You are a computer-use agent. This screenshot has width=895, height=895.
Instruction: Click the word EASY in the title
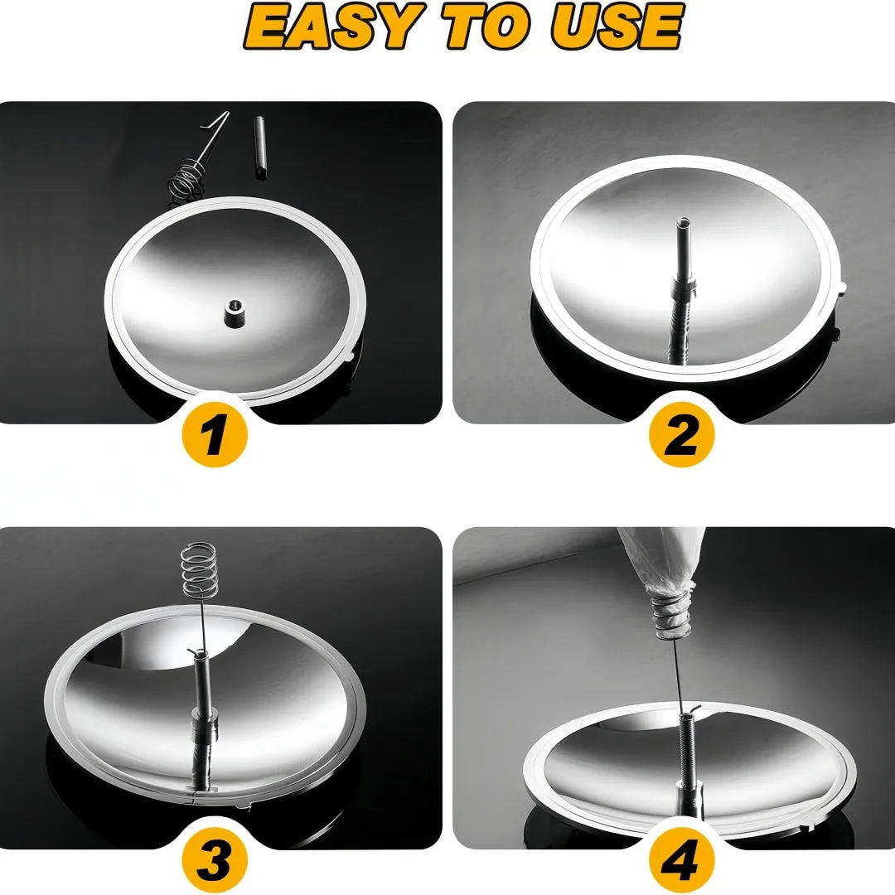pyautogui.click(x=327, y=27)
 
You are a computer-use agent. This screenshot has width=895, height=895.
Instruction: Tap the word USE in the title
pyautogui.click(x=617, y=27)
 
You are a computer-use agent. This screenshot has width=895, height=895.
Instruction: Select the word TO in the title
pyautogui.click(x=484, y=27)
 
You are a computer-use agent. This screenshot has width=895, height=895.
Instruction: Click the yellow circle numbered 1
pyautogui.click(x=215, y=433)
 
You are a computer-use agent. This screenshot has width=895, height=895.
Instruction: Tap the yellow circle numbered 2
pyautogui.click(x=682, y=433)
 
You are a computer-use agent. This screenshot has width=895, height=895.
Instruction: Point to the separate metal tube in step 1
pyautogui.click(x=259, y=145)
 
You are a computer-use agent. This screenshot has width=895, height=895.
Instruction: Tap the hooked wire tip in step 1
pyautogui.click(x=219, y=119)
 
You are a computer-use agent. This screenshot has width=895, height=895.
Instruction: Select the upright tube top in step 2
pyautogui.click(x=682, y=225)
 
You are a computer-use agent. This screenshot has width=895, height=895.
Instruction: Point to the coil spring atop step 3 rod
pyautogui.click(x=197, y=569)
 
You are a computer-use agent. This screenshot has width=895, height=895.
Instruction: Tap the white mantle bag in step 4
pyautogui.click(x=663, y=564)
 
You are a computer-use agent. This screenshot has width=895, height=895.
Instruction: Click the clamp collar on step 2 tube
pyautogui.click(x=683, y=288)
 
